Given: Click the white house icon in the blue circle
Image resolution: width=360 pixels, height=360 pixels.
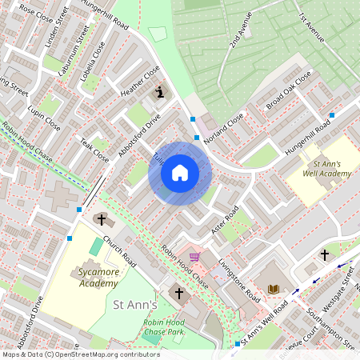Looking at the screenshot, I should [180, 172].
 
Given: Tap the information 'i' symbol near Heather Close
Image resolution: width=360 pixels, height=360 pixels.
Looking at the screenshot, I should [160, 93].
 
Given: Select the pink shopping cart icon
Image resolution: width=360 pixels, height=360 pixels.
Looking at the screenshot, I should [194, 257].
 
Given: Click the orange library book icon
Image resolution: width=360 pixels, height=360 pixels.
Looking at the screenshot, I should [274, 288].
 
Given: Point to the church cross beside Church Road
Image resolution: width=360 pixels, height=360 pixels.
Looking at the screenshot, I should [101, 219].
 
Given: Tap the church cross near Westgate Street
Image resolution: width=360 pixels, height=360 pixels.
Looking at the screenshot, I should [325, 254].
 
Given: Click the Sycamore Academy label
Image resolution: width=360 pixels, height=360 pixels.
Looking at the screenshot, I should [82, 278].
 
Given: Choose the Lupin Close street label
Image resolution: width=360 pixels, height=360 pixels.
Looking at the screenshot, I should [43, 117].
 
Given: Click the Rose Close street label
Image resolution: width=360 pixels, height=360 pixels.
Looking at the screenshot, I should [36, 14].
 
